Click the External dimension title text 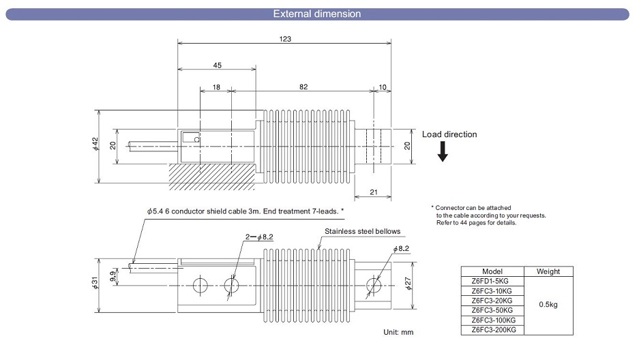pyautogui.click(x=317, y=14)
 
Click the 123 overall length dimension pyautogui.click(x=285, y=39)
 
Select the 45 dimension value pyautogui.click(x=217, y=65)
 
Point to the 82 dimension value pyautogui.click(x=303, y=87)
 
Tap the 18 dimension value pyautogui.click(x=216, y=87)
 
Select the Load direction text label pyautogui.click(x=449, y=134)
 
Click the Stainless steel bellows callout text pyautogui.click(x=362, y=231)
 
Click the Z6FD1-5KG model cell pyautogui.click(x=493, y=281)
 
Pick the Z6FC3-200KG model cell pyautogui.click(x=493, y=330)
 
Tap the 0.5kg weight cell pyautogui.click(x=548, y=305)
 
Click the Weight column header pyautogui.click(x=548, y=271)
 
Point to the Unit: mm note pyautogui.click(x=399, y=332)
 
